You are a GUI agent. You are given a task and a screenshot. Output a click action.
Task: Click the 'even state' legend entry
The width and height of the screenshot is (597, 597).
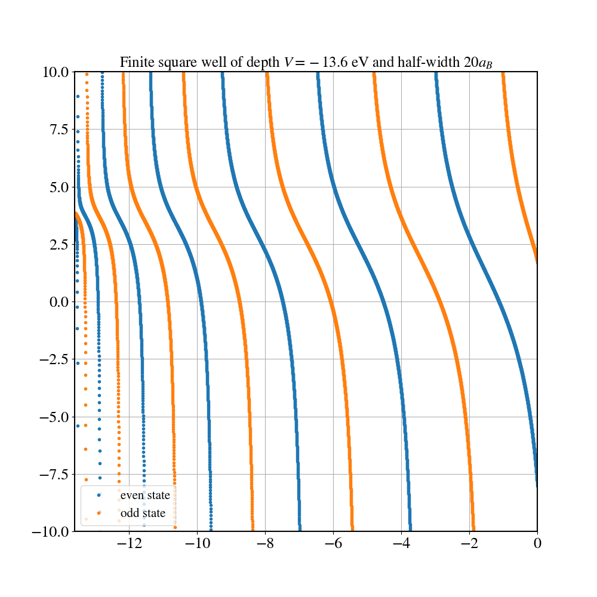[145, 495]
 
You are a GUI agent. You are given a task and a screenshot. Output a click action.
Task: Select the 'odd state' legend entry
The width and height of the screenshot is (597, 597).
[143, 513]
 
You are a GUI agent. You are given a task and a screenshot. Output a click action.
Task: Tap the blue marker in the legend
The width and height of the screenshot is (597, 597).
[99, 495]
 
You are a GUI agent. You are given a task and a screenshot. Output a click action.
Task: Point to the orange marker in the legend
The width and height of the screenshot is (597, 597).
[99, 513]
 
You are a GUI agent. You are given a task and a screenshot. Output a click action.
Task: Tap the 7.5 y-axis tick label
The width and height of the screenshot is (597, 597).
[60, 130]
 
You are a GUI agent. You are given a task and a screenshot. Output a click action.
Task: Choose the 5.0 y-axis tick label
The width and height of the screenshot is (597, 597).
[60, 187]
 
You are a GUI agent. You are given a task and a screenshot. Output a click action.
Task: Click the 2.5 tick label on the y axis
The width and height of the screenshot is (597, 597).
[60, 245]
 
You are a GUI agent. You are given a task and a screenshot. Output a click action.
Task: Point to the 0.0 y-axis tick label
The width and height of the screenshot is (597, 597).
[60, 302]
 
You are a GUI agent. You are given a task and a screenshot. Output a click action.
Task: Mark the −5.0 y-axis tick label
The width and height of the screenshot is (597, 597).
[56, 417]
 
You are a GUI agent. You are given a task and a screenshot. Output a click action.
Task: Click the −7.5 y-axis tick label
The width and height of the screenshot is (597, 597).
[56, 474]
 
